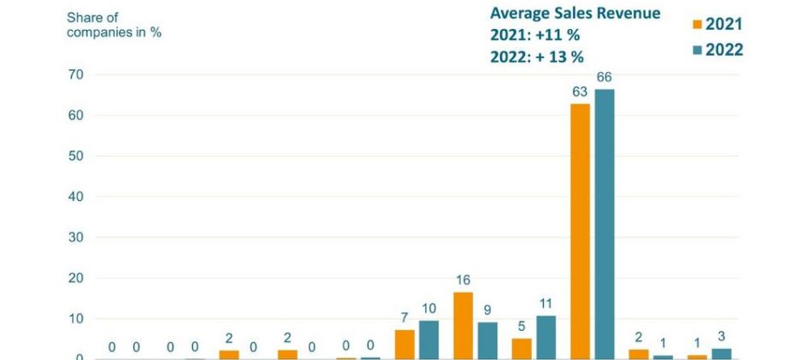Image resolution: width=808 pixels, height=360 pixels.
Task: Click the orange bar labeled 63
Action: [581, 231]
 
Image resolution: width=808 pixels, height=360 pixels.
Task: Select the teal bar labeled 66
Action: [605, 224]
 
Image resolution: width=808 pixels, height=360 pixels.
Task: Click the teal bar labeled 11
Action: [546, 337]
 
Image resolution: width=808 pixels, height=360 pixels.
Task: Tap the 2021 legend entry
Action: [714, 24]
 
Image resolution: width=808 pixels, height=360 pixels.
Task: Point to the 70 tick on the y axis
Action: [75, 75]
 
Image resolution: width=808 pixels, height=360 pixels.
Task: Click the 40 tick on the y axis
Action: [75, 197]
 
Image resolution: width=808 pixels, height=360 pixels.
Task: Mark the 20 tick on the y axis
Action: [75, 278]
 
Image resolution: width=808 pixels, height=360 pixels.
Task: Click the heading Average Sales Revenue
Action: [575, 14]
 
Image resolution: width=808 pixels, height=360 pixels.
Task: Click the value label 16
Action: [463, 280]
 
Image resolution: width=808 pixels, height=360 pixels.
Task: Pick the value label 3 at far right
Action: [722, 336]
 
